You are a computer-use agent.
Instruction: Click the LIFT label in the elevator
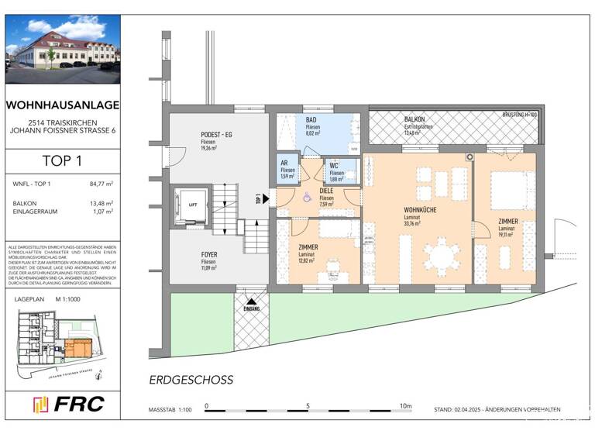pos(193,205)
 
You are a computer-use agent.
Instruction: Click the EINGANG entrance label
pos(252,308)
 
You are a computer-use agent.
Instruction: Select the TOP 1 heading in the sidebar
pos(60,161)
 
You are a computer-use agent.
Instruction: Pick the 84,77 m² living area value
pos(101,184)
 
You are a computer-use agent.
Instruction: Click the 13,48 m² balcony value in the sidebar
pos(101,203)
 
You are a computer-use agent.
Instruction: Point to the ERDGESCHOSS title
pos(191,380)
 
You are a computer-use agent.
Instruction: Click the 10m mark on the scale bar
pos(405,405)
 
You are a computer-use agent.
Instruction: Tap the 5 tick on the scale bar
pos(307,405)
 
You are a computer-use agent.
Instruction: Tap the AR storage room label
pos(285,163)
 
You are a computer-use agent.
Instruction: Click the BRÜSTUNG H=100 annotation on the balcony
pos(520,115)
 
